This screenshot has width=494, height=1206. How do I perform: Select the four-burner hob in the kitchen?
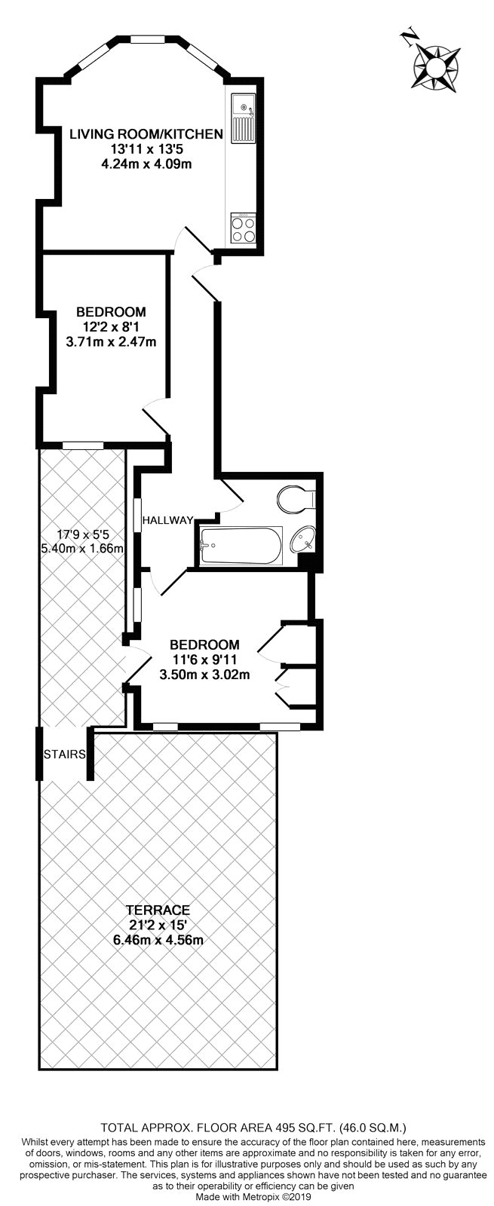coord(244,228)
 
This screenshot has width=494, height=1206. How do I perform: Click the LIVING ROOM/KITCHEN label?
coord(146,135)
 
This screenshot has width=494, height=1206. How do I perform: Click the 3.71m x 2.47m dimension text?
coord(112,341)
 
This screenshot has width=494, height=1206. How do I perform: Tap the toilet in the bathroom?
coord(296,497)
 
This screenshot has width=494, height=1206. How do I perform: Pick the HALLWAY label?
coord(169,520)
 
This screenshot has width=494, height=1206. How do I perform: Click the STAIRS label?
coord(65,754)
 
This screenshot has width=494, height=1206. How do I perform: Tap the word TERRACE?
coord(158,910)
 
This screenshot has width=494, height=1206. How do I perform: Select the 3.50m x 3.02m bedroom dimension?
coord(204,675)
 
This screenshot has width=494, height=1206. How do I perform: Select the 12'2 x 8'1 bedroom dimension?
coord(112,327)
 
